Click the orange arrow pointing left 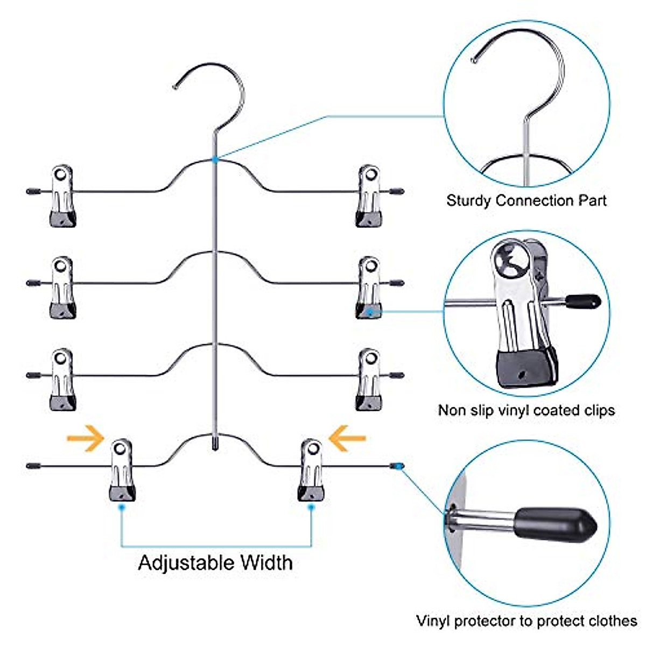point(347,438)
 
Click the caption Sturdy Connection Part point(526,201)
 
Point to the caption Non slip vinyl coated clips point(526,410)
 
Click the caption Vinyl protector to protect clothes point(526,620)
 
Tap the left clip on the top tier point(62,196)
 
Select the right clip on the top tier point(369,196)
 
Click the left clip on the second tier point(62,287)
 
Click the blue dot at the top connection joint point(215,159)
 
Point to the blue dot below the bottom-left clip point(122,507)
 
